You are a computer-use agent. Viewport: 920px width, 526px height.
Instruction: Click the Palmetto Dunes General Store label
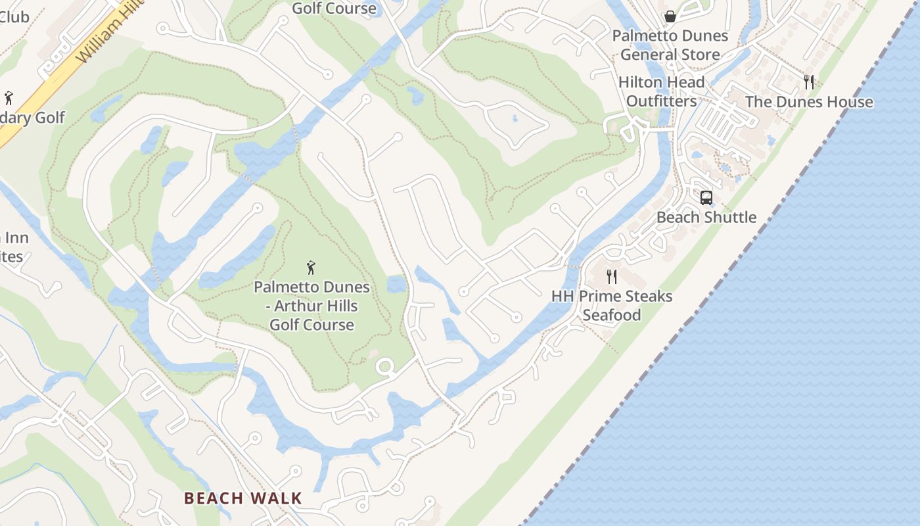[670, 45]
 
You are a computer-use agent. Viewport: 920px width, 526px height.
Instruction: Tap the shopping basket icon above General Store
[670, 16]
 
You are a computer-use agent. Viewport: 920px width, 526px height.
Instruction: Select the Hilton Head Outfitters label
[661, 91]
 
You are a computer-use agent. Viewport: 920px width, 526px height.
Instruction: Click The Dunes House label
[809, 102]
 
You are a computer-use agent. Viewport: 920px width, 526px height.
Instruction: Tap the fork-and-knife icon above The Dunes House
[809, 82]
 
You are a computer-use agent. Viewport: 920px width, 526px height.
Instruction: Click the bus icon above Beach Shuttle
[706, 197]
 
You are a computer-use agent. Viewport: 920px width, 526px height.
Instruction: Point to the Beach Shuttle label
[706, 217]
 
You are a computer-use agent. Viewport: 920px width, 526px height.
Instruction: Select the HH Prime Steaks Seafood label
[612, 305]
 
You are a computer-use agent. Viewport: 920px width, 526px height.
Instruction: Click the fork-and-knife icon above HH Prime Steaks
[612, 276]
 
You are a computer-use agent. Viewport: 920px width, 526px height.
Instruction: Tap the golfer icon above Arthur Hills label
[311, 268]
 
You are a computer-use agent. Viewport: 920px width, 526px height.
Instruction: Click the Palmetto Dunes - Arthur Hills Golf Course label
[311, 306]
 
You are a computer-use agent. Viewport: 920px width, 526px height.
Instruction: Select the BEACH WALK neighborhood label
[243, 498]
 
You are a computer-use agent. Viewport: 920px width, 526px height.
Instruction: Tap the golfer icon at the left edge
[9, 99]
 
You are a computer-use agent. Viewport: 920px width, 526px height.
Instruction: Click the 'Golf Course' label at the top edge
[334, 9]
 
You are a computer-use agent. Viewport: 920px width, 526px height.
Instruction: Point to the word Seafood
[612, 315]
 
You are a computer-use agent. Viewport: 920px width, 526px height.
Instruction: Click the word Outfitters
[661, 101]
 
